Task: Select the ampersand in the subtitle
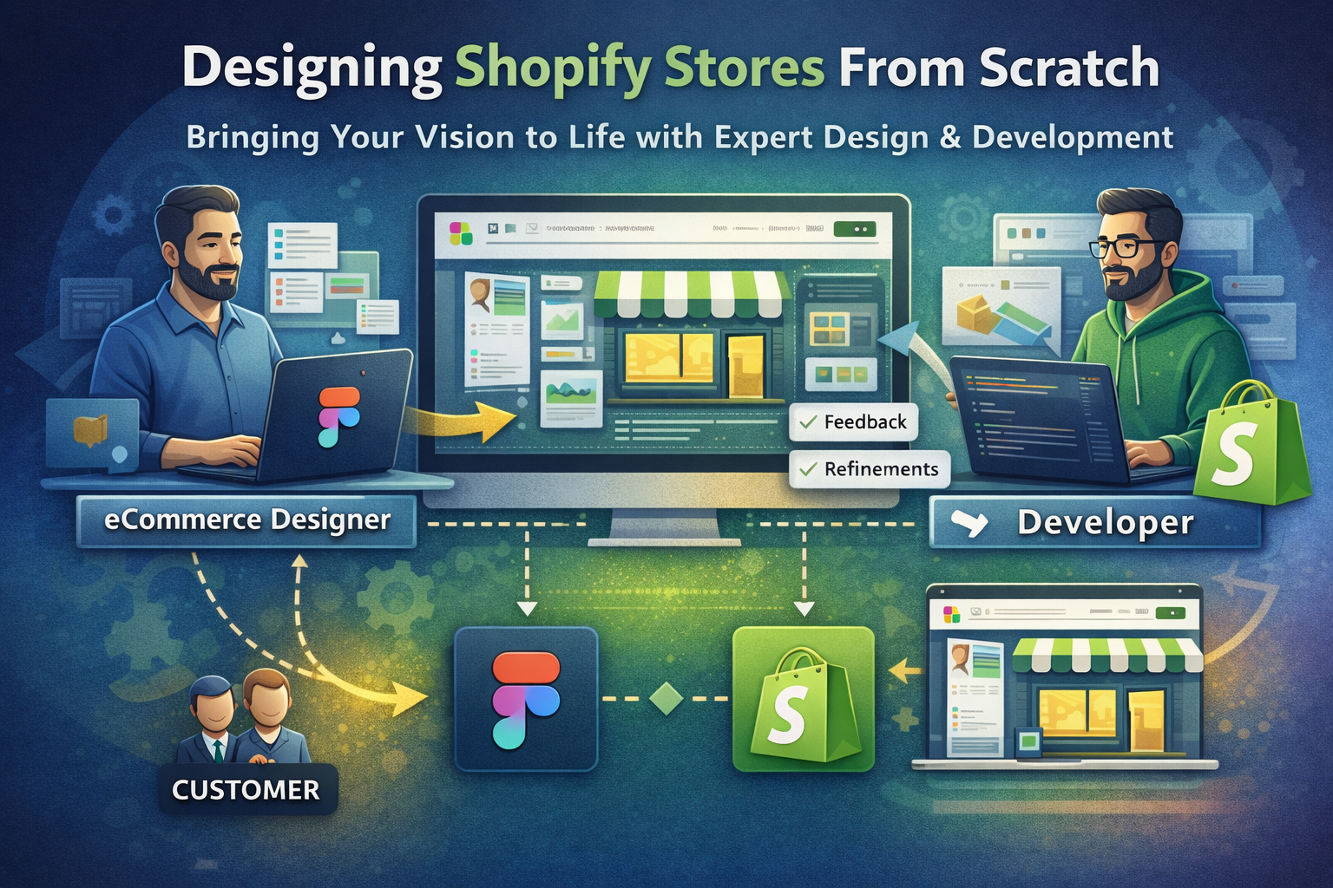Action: [950, 137]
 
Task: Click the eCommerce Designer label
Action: [246, 520]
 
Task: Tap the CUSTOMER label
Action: [246, 790]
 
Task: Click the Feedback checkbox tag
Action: [854, 422]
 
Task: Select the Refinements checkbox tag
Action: [870, 469]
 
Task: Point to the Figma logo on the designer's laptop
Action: [338, 416]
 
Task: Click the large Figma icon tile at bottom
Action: [526, 700]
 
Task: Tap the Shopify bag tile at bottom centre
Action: [803, 700]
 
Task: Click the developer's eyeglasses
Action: [1126, 247]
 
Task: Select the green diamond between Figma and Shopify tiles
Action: [666, 699]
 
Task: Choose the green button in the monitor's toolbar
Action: [854, 230]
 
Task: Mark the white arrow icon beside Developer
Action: [969, 523]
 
